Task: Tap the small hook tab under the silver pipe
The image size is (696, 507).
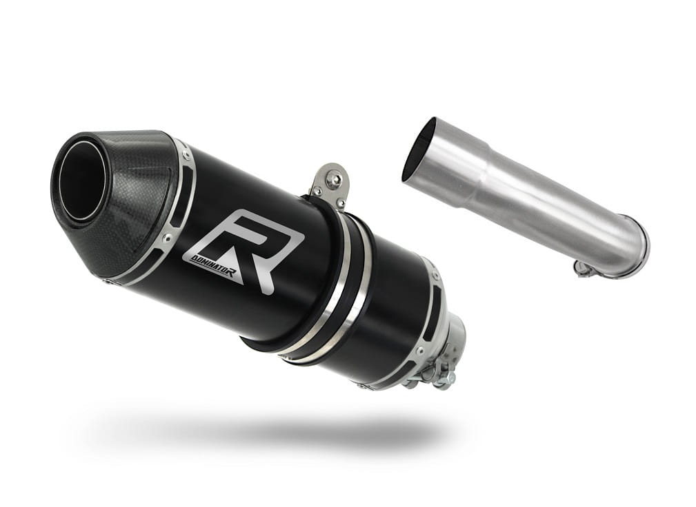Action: [x=581, y=268]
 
